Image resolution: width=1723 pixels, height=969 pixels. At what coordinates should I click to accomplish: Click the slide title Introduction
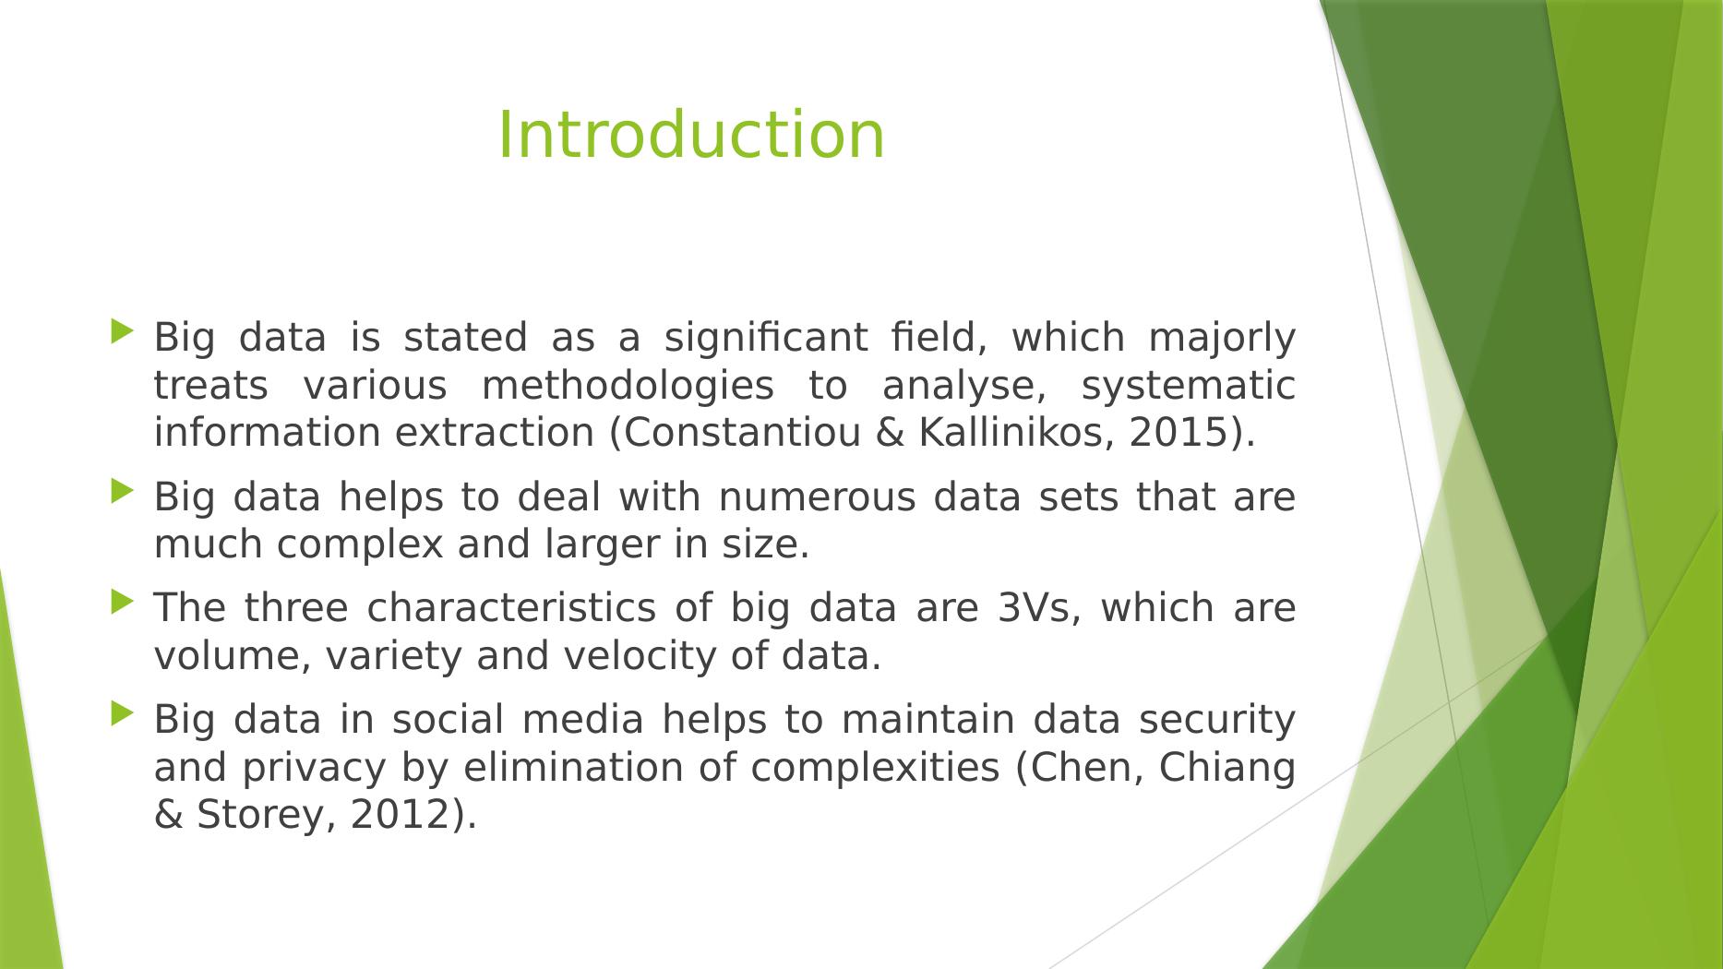(x=691, y=135)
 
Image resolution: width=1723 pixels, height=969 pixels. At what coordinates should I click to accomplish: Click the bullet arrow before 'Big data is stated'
(x=122, y=331)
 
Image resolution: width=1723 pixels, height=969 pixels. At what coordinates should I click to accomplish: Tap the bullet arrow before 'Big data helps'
(x=122, y=491)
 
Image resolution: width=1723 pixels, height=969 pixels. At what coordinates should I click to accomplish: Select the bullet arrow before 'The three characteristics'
(x=122, y=603)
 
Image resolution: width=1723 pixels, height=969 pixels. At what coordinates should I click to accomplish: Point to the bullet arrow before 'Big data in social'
(x=122, y=713)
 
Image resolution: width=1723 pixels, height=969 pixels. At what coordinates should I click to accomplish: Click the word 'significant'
(x=766, y=339)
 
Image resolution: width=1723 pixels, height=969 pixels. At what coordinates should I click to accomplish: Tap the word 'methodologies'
(x=628, y=387)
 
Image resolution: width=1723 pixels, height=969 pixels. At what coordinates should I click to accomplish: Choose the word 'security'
(x=1216, y=721)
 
